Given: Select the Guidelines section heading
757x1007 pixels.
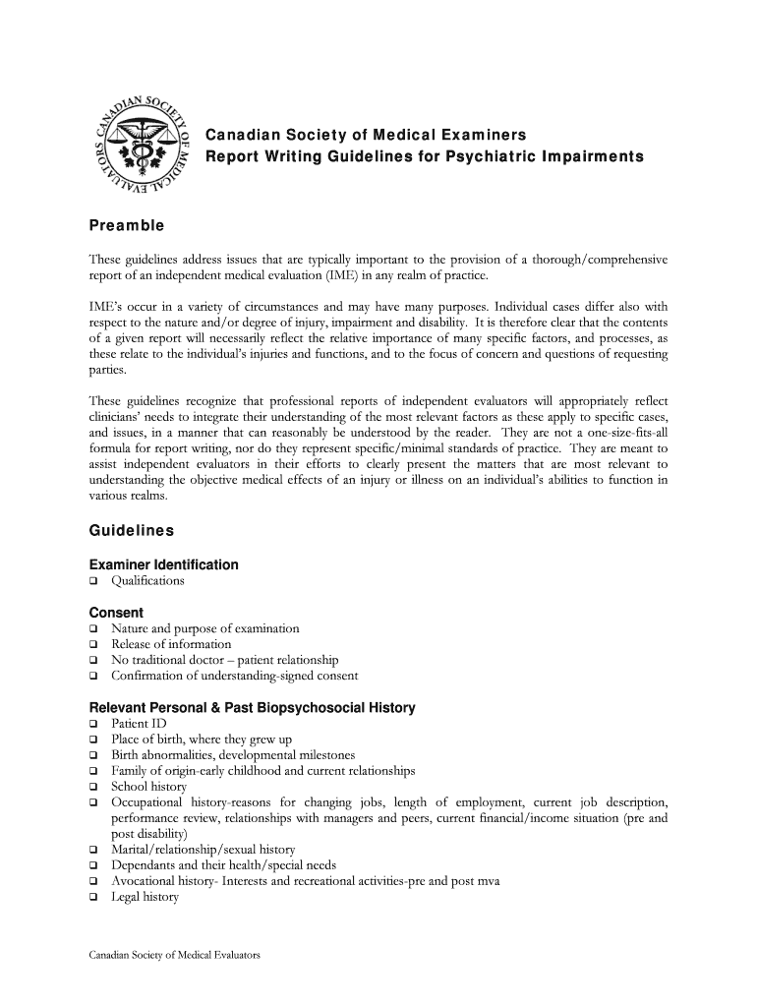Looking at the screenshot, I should pyautogui.click(x=131, y=531).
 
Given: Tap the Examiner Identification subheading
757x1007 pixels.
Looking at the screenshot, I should pyautogui.click(x=163, y=564).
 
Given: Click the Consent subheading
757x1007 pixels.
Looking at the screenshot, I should pyautogui.click(x=116, y=613).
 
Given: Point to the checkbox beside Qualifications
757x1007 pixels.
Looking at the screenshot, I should pyautogui.click(x=94, y=581).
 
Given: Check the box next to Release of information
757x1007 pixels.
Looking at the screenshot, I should pyautogui.click(x=94, y=645).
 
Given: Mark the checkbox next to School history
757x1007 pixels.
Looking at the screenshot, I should pyautogui.click(x=94, y=788).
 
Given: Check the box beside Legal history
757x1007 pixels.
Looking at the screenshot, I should pyautogui.click(x=94, y=898).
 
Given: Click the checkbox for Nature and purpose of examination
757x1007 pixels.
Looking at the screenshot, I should pyautogui.click(x=94, y=629).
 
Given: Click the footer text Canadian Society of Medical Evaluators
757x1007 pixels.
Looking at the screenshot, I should pyautogui.click(x=174, y=955).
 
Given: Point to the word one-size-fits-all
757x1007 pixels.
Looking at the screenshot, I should pyautogui.click(x=616, y=433).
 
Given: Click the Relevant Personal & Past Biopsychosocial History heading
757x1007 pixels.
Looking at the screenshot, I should pyautogui.click(x=252, y=708).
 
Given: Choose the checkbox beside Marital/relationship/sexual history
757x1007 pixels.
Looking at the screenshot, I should pyautogui.click(x=94, y=850).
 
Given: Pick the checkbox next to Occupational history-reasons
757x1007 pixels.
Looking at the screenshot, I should pyautogui.click(x=94, y=802).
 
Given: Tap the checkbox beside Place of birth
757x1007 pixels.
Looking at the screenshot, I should pyautogui.click(x=94, y=740).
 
